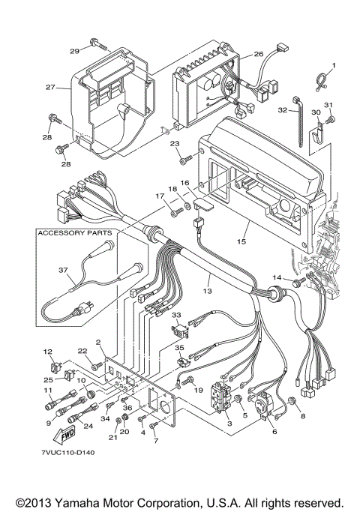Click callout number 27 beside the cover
click(x=50, y=88)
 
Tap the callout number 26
click(x=258, y=54)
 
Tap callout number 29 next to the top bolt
click(x=74, y=51)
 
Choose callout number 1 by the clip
click(x=334, y=65)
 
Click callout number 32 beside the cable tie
click(x=282, y=110)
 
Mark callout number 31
click(x=328, y=104)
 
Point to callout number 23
click(x=174, y=144)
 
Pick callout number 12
click(x=46, y=351)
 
